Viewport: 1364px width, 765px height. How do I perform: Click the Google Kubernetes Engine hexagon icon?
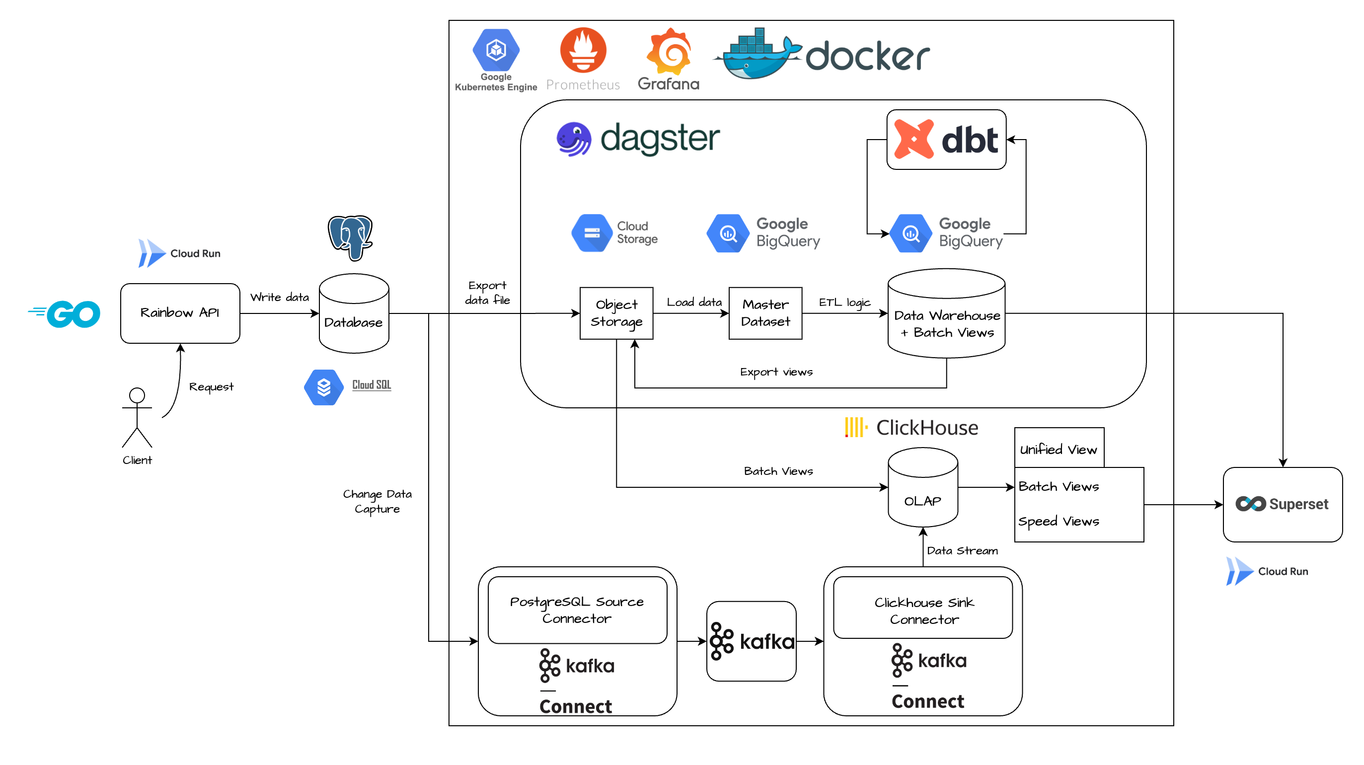click(x=496, y=50)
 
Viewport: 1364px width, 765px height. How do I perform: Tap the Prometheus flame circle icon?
click(x=583, y=51)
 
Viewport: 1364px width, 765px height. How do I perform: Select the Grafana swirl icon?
click(x=669, y=52)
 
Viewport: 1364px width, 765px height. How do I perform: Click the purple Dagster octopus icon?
click(x=573, y=139)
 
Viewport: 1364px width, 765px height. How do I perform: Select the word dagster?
click(x=660, y=139)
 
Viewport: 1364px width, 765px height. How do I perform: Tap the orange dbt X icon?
click(x=913, y=139)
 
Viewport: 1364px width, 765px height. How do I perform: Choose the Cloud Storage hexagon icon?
click(x=592, y=233)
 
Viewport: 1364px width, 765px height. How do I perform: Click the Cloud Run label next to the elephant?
click(x=195, y=253)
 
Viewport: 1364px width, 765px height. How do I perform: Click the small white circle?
click(x=137, y=395)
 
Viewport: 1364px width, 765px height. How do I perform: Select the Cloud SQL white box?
click(x=350, y=387)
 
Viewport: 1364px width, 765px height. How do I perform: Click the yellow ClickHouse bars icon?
click(x=856, y=427)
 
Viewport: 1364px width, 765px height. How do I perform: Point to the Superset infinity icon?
click(x=1250, y=504)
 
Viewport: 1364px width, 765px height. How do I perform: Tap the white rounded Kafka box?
click(x=751, y=641)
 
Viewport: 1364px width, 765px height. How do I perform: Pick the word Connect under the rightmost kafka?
click(x=928, y=701)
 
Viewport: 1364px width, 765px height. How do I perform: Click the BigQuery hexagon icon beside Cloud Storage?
click(x=728, y=233)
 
